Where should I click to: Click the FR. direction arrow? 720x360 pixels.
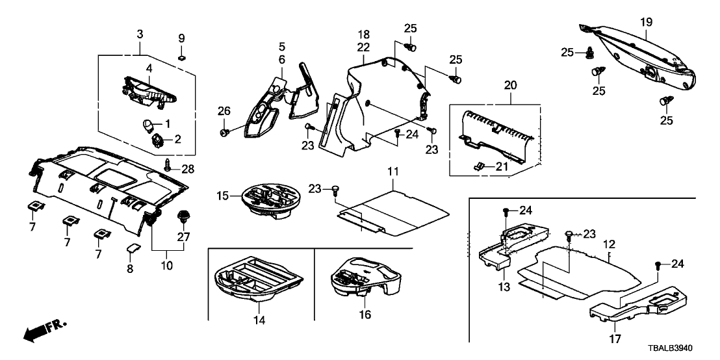pos(43,331)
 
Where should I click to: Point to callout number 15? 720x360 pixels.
pos(223,195)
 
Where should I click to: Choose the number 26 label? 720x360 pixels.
pos(224,112)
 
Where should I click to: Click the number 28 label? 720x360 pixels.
pos(188,170)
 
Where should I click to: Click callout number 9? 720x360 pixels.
pos(182,37)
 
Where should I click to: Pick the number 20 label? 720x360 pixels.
pos(510,86)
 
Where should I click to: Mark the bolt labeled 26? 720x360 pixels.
pos(225,133)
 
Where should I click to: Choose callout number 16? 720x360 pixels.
pos(365,315)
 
